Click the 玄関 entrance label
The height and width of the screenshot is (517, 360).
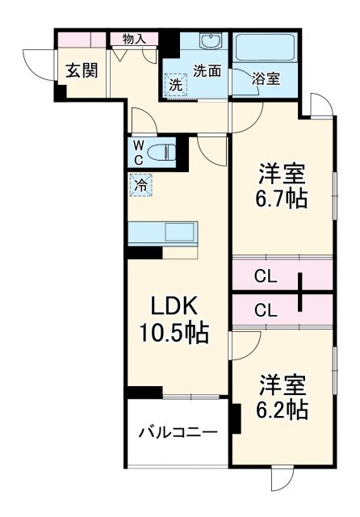tap(81, 70)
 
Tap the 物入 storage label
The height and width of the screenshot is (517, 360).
tap(134, 38)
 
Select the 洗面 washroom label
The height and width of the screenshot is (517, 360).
tap(207, 70)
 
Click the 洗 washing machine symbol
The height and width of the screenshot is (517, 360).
tap(175, 83)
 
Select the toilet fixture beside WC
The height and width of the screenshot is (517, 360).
tap(164, 151)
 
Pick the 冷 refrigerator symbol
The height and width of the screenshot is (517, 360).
tap(140, 185)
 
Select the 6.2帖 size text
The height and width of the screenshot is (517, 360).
tap(283, 409)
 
